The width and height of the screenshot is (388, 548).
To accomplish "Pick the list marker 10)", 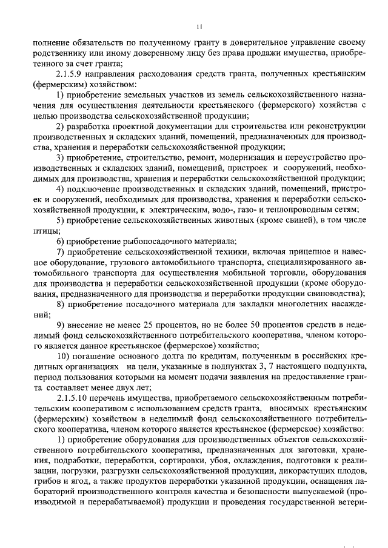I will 63,356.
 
